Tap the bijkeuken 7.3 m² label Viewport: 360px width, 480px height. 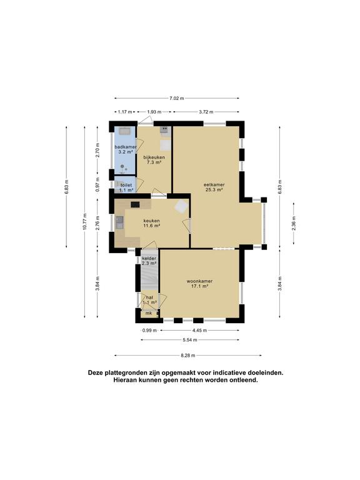coord(154,160)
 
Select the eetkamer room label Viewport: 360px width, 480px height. coord(214,187)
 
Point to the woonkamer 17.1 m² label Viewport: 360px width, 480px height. coord(199,284)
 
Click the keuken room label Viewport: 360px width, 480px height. coord(152,223)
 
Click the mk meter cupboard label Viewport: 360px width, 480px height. coord(149,313)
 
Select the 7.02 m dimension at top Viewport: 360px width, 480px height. coord(177,98)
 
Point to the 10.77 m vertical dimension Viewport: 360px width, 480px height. coord(85,221)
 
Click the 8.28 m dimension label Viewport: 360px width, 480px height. coord(188,356)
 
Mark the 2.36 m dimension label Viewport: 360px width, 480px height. coord(294,223)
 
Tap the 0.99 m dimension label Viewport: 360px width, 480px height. coord(149,330)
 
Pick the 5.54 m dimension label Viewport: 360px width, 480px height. coord(190,340)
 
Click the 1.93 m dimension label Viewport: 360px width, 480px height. coord(154,112)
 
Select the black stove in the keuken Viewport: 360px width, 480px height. coord(135,204)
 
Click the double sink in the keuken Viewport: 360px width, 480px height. coord(119,222)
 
